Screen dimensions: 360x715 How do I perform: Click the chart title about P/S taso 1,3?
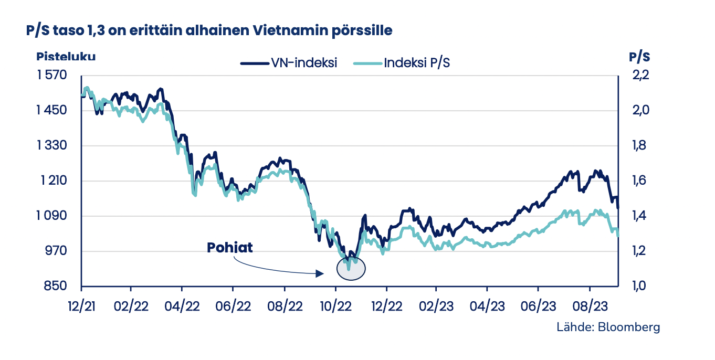pyautogui.click(x=209, y=31)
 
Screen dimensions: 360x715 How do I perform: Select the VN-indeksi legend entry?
pyautogui.click(x=289, y=63)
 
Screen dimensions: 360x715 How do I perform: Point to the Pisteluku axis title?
pyautogui.click(x=66, y=57)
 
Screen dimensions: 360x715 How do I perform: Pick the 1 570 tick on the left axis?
pyautogui.click(x=51, y=76)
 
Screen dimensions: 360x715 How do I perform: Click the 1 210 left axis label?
pyautogui.click(x=51, y=181)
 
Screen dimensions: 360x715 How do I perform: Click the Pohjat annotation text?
pyautogui.click(x=230, y=247)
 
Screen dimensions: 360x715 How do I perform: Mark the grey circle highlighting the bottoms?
pyautogui.click(x=351, y=268)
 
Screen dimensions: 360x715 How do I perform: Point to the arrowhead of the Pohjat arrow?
pyautogui.click(x=319, y=273)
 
